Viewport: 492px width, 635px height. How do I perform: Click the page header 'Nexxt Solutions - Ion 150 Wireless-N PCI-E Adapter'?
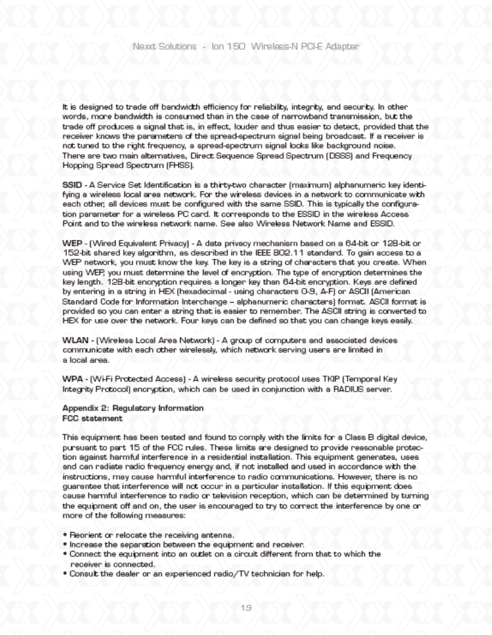pyautogui.click(x=246, y=46)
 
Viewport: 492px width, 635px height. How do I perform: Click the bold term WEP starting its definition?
pyautogui.click(x=73, y=258)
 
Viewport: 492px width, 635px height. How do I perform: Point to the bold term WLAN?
pyautogui.click(x=75, y=340)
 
